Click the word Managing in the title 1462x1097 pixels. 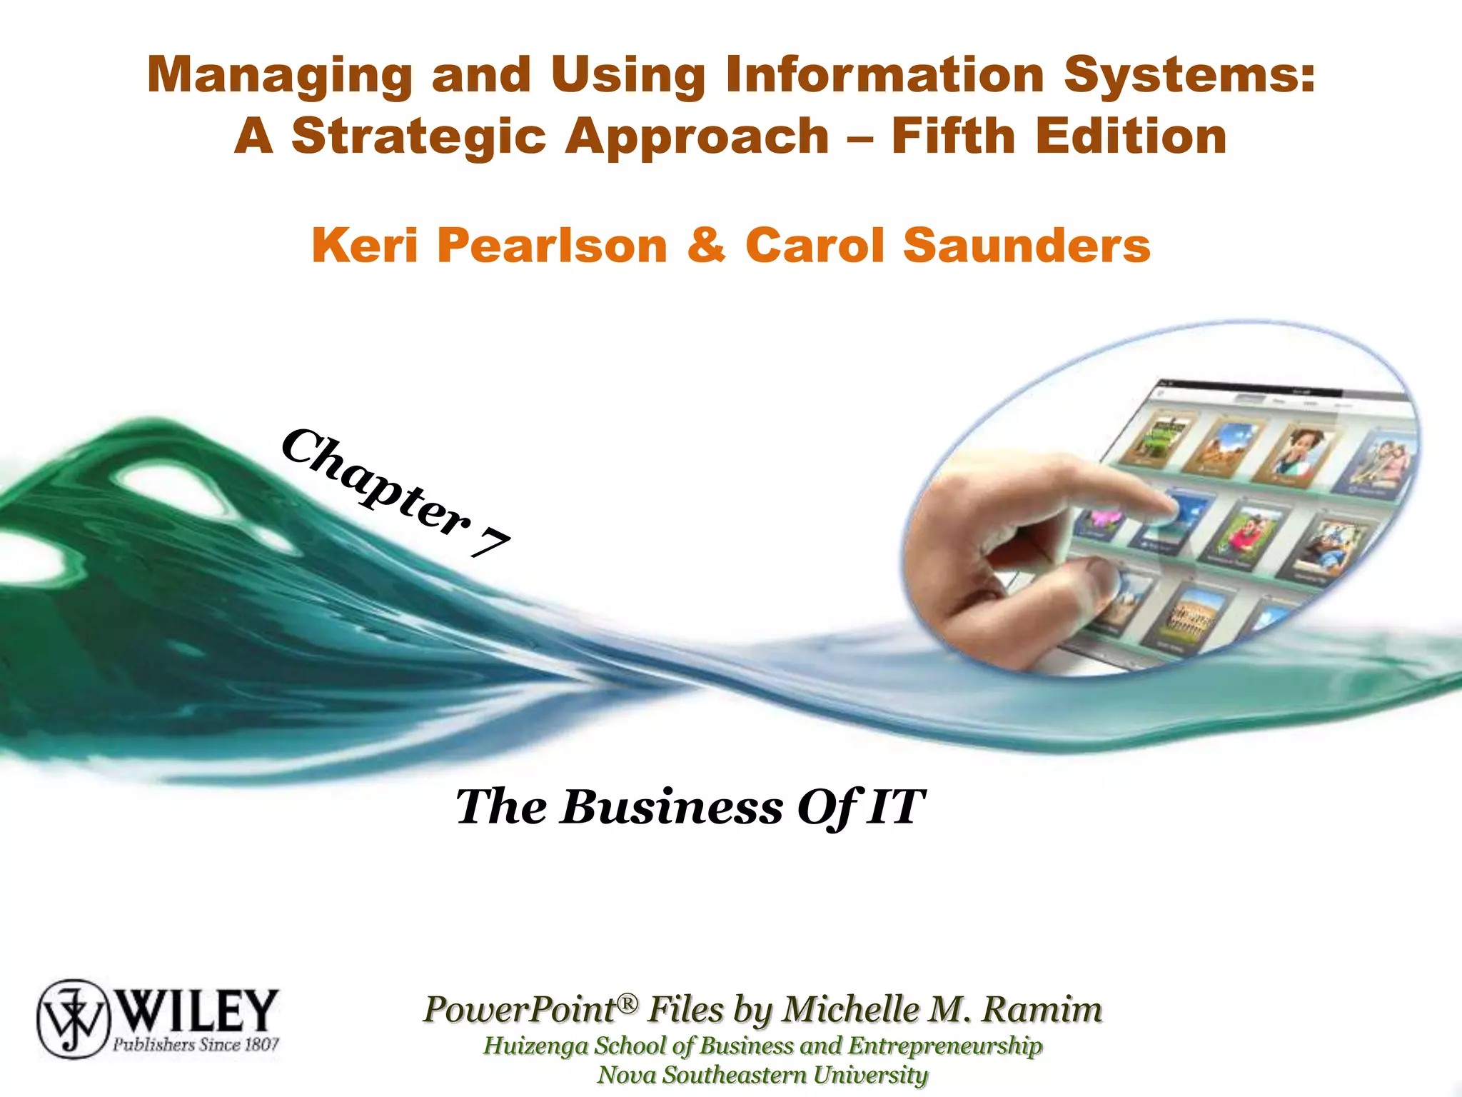coord(279,76)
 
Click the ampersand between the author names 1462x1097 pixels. coord(706,245)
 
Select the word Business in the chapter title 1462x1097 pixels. coord(671,807)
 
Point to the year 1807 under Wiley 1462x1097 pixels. coord(261,1045)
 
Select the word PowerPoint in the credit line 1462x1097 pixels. coord(519,1009)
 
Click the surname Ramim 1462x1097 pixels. coord(1042,1009)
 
